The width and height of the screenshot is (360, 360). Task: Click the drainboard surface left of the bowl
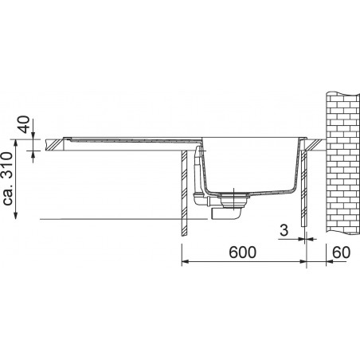point(127,140)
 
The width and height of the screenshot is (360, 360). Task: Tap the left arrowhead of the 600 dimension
point(186,261)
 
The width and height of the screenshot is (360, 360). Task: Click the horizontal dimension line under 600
point(239,261)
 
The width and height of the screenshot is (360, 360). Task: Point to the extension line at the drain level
point(119,217)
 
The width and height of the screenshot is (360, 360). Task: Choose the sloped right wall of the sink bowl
point(297,167)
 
